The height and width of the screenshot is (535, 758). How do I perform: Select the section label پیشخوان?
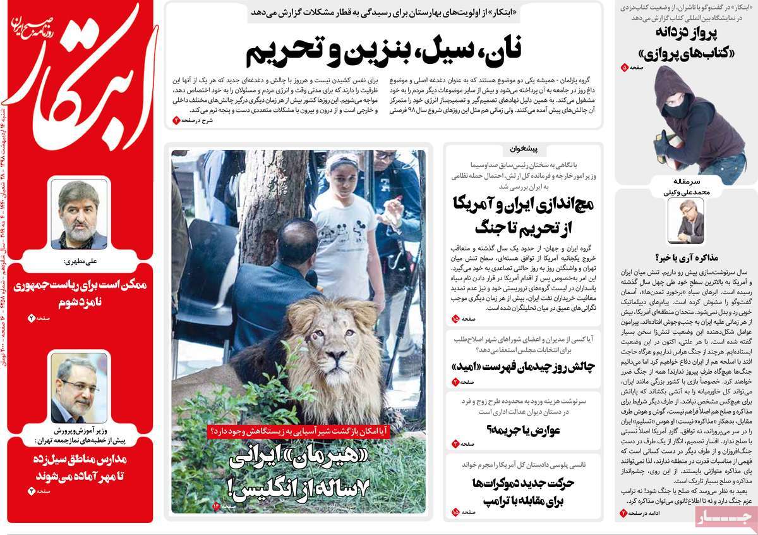click(x=522, y=149)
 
